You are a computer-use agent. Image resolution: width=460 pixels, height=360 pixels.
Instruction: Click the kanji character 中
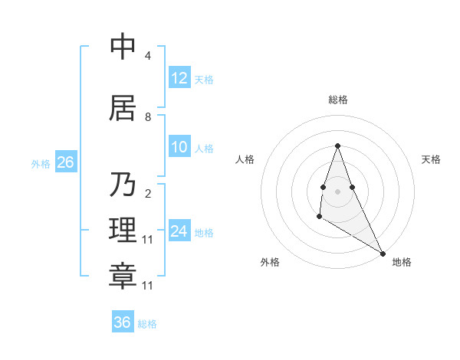click(123, 47)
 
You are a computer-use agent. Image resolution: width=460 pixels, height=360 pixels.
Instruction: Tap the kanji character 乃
click(123, 184)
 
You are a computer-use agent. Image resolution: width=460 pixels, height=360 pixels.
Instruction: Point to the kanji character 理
click(123, 231)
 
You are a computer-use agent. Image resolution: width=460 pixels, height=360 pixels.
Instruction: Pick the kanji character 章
click(123, 277)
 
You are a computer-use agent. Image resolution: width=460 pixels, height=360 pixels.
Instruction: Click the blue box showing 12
click(179, 78)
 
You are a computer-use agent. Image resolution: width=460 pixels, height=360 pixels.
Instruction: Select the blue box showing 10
click(179, 147)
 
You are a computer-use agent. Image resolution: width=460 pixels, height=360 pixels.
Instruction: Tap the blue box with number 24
click(179, 231)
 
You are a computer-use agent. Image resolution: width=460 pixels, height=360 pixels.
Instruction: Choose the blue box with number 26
click(65, 162)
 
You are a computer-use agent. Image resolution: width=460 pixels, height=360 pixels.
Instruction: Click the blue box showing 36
click(122, 322)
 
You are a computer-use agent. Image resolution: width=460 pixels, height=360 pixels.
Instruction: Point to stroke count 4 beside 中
click(147, 56)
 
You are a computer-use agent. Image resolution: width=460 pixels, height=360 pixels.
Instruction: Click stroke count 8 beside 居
click(147, 117)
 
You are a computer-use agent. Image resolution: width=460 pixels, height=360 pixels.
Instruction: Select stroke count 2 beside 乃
click(147, 193)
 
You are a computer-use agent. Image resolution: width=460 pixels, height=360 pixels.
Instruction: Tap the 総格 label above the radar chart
click(337, 100)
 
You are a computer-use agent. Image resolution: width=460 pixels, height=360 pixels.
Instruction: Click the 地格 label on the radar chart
click(402, 262)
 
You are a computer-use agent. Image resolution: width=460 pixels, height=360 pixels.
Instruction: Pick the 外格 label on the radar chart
click(270, 262)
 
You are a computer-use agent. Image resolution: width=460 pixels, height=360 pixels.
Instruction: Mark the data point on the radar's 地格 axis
click(383, 254)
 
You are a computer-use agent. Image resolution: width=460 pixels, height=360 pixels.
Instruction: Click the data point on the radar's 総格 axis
click(337, 146)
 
